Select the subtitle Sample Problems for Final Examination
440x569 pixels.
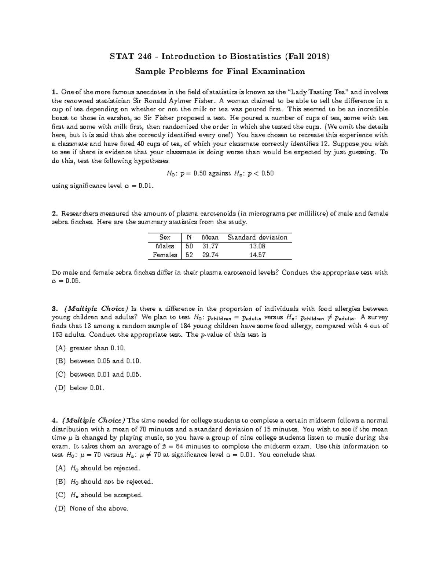point(220,71)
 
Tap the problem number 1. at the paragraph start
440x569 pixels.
point(55,92)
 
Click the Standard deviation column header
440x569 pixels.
point(257,237)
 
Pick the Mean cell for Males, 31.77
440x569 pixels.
point(210,246)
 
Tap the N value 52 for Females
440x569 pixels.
point(189,255)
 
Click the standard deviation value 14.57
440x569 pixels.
point(257,255)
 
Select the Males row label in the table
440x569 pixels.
point(165,246)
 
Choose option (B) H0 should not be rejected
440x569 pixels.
point(104,481)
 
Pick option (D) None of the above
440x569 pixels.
point(92,508)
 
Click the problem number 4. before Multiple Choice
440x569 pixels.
point(55,420)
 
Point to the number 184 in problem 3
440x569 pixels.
point(187,326)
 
